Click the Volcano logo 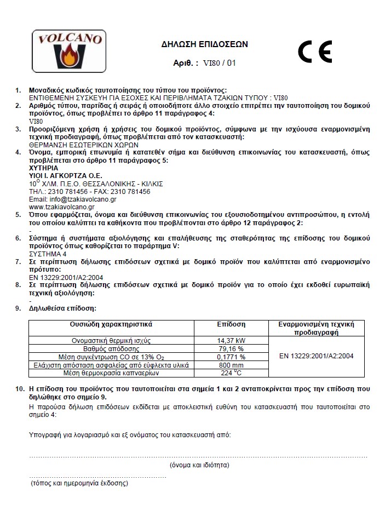tap(68, 50)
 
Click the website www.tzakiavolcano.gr tap(61, 207)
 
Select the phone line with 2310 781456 tap(89, 192)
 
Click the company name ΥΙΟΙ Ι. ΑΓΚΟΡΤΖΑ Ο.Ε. tap(65, 175)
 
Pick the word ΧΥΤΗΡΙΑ tap(43, 168)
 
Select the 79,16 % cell tap(231, 348)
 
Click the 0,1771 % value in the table tap(231, 357)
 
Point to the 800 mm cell tap(231, 365)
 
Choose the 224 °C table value tap(231, 373)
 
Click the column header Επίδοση tap(231, 324)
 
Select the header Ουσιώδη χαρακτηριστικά tap(111, 324)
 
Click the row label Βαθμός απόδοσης tap(111, 348)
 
